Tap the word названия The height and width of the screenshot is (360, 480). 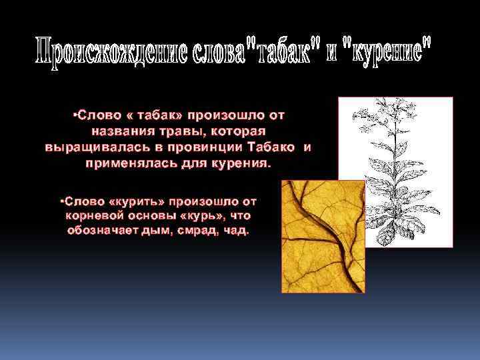[122, 130]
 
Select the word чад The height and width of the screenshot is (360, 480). [237, 231]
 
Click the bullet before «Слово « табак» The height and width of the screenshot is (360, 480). [73, 115]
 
